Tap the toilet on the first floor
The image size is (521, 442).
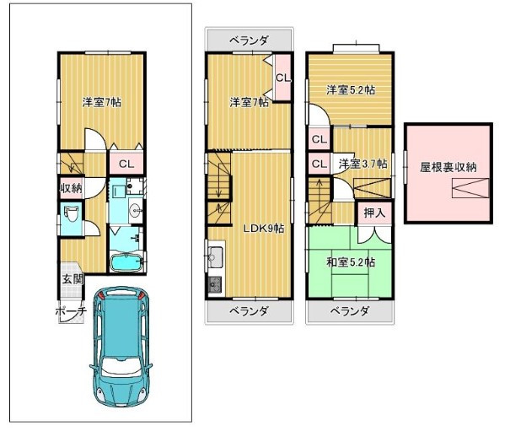(x=72, y=215)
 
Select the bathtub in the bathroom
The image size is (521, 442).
(x=126, y=263)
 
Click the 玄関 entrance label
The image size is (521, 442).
(x=73, y=279)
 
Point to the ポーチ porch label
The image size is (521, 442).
(x=71, y=311)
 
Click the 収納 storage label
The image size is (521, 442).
(x=71, y=188)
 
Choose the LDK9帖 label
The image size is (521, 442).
(x=264, y=229)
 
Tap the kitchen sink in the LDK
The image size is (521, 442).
(x=215, y=257)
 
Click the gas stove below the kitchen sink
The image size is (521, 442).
(x=215, y=284)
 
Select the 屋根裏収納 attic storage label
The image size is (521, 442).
(x=448, y=167)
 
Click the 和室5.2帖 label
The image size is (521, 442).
(x=351, y=262)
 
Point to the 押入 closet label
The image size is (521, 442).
(x=375, y=213)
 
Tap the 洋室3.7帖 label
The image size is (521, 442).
(x=363, y=164)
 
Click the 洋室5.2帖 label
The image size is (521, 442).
(x=351, y=89)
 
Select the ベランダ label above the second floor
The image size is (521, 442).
(x=250, y=40)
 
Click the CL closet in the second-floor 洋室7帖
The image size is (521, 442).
(x=283, y=78)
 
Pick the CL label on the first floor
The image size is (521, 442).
(x=126, y=164)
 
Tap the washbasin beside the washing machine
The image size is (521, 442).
(x=136, y=209)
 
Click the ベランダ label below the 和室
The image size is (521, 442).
(x=350, y=311)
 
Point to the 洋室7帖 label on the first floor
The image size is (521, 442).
(x=102, y=102)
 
